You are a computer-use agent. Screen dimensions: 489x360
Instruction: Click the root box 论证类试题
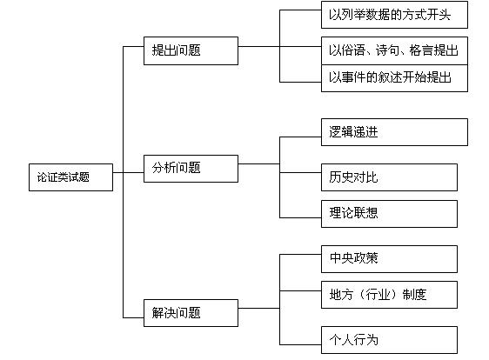[x=70, y=177]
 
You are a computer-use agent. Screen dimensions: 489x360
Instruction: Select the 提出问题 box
[x=191, y=50]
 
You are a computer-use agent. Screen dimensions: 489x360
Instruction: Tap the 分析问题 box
[x=191, y=169]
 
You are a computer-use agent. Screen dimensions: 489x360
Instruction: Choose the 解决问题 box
[x=191, y=313]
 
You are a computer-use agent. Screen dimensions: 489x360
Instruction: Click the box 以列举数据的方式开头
[x=394, y=15]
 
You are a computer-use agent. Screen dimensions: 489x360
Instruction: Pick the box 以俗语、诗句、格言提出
[x=394, y=50]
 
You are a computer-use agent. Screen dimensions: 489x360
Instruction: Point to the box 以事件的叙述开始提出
[x=394, y=78]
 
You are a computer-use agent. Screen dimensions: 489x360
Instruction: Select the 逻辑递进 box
[x=394, y=132]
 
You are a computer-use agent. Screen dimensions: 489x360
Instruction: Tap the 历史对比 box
[x=389, y=177]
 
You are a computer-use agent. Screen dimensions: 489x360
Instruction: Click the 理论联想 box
[x=389, y=214]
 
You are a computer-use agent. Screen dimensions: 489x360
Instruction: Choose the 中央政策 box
[x=389, y=259]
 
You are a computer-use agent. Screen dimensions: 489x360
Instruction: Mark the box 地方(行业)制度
[x=389, y=295]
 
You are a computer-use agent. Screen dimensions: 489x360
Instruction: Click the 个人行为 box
[x=389, y=340]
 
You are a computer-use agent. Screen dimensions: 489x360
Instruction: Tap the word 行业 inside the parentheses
[x=378, y=295]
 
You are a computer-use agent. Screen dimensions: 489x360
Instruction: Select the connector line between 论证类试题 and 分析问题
[x=128, y=172]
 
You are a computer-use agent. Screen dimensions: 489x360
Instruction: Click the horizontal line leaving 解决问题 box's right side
[x=258, y=308]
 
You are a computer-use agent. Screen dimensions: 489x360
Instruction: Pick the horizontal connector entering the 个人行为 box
[x=300, y=344]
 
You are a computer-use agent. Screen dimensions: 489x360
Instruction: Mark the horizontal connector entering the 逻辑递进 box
[x=300, y=137]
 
